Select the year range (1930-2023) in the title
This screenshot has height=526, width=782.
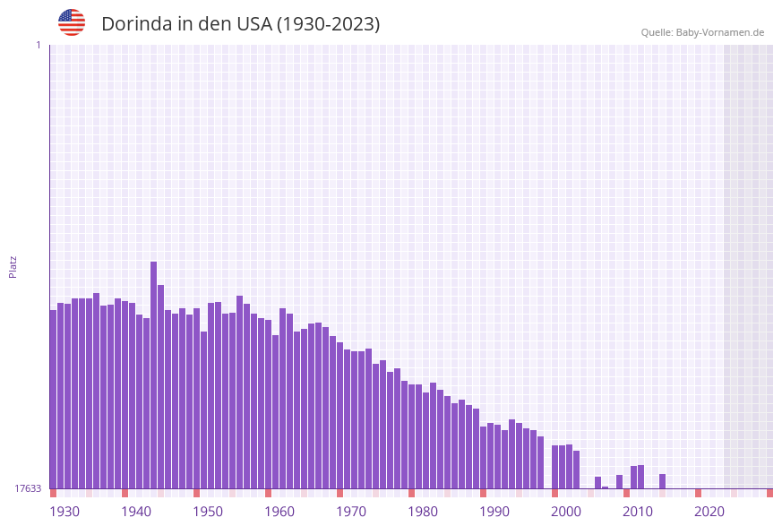pyautogui.click(x=328, y=24)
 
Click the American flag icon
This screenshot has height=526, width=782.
pyautogui.click(x=72, y=22)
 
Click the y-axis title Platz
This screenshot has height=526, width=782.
pyautogui.click(x=13, y=266)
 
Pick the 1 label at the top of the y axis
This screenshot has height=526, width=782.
pyautogui.click(x=38, y=45)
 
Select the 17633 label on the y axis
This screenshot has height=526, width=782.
pyautogui.click(x=27, y=488)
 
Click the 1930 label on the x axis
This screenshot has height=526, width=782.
pyautogui.click(x=64, y=512)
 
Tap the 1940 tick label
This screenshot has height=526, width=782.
pyautogui.click(x=136, y=512)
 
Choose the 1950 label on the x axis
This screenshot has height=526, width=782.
pyautogui.click(x=208, y=512)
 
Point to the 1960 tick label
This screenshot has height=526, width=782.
pyautogui.click(x=279, y=512)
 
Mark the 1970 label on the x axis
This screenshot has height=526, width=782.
pyautogui.click(x=351, y=512)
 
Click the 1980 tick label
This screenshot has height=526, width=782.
pyautogui.click(x=423, y=512)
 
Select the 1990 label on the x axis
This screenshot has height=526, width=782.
pyautogui.click(x=494, y=512)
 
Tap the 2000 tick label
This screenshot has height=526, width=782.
pyautogui.click(x=566, y=512)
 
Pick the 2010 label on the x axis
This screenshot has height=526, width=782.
pyautogui.click(x=638, y=512)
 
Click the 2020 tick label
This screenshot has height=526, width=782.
pyautogui.click(x=709, y=512)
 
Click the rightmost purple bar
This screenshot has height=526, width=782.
pyautogui.click(x=663, y=481)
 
